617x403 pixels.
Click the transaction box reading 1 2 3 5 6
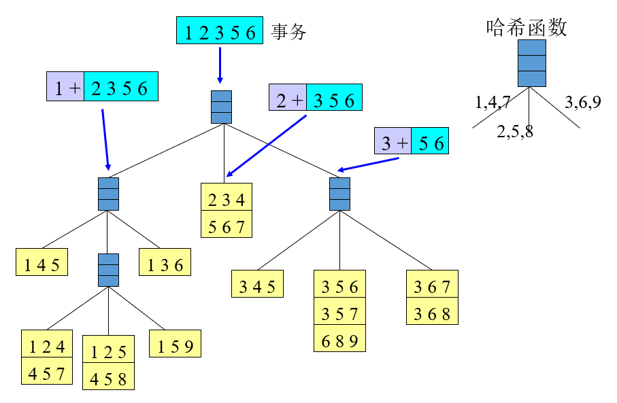(x=220, y=32)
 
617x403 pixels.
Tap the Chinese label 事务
(x=289, y=32)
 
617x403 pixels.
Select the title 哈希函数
(x=528, y=27)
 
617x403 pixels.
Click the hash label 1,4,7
(x=493, y=103)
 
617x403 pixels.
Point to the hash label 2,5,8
(x=515, y=132)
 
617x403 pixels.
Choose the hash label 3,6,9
(x=583, y=103)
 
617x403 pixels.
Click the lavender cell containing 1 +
(x=65, y=87)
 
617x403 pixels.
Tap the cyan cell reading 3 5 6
(x=334, y=100)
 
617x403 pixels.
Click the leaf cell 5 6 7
(x=226, y=225)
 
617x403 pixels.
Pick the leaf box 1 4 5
(x=41, y=264)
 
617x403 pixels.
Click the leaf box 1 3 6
(x=165, y=264)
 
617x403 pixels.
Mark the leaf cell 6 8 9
(x=339, y=338)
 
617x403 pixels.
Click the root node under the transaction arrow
(x=221, y=107)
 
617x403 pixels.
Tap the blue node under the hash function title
(x=532, y=63)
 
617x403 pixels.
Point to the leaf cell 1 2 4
(x=46, y=345)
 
